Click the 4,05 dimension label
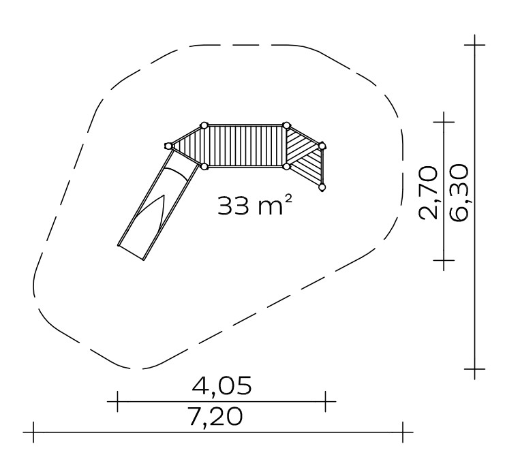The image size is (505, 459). tap(221, 385)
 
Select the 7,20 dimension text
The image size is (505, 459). tap(215, 417)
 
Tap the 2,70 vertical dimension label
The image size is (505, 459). tap(429, 193)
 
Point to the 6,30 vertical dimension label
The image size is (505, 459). tap(458, 193)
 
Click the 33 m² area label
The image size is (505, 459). tap(255, 206)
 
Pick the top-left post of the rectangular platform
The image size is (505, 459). tap(204, 125)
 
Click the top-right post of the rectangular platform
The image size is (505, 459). tap(286, 125)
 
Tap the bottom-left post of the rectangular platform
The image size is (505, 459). tap(204, 166)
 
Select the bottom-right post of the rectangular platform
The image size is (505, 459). tap(286, 166)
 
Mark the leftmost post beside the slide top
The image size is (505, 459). tap(168, 146)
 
